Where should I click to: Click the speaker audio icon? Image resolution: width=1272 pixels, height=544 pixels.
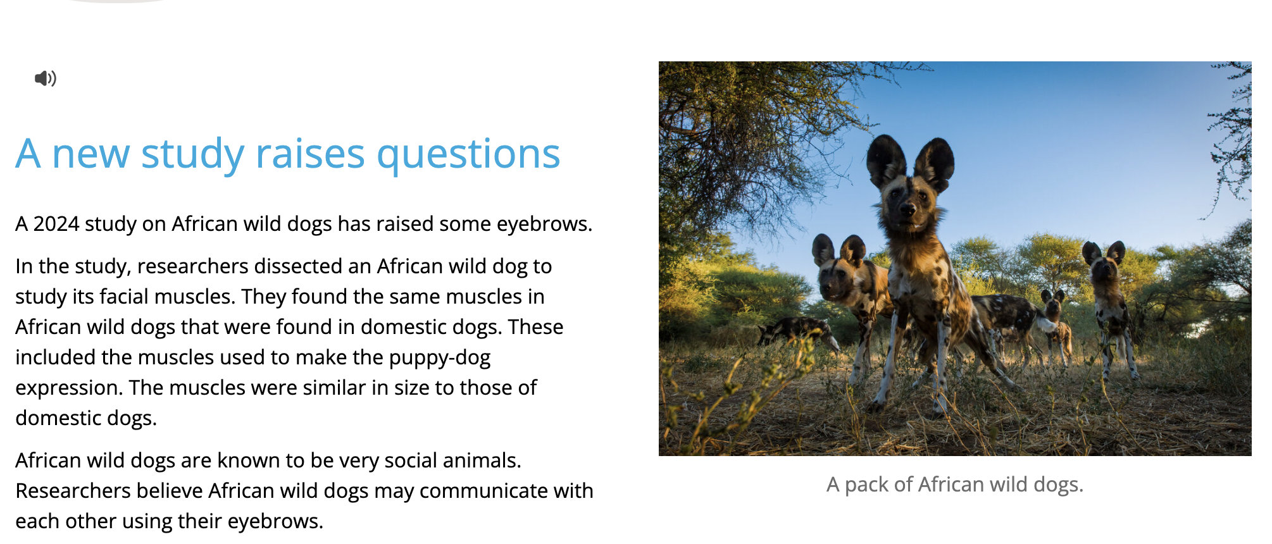point(45,78)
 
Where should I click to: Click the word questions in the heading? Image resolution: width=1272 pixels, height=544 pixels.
point(468,155)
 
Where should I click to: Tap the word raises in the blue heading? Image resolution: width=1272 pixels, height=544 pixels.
point(310,154)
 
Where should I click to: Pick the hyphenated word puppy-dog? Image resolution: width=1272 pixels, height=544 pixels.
point(440,358)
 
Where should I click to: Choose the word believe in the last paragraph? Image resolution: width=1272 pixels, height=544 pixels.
point(170,491)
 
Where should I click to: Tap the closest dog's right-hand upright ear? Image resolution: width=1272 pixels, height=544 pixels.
point(934,163)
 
